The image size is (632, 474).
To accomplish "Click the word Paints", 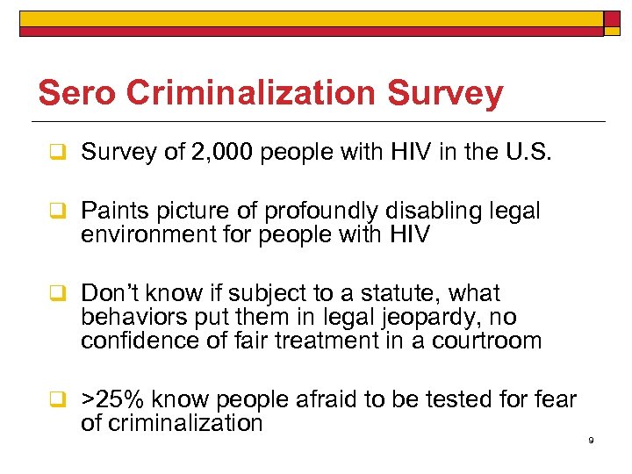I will click(111, 212).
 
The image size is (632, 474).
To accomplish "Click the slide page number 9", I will click(591, 440).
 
